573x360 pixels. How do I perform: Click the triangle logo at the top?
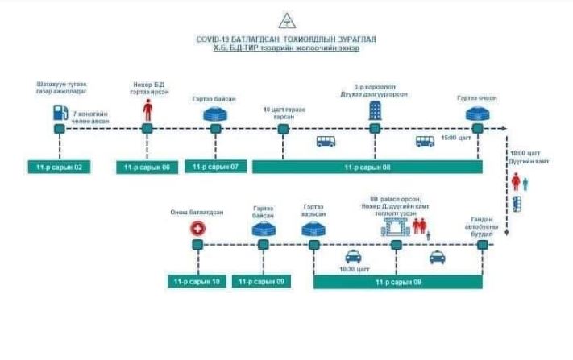[x=287, y=20]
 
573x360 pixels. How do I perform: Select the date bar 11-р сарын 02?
[x=60, y=168]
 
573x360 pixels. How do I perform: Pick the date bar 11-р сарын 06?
[x=147, y=168]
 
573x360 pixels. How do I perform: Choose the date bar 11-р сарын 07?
[x=215, y=167]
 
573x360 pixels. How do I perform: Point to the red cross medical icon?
[x=196, y=230]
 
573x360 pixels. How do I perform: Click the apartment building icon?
[x=375, y=110]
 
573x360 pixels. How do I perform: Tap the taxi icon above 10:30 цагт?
[x=352, y=257]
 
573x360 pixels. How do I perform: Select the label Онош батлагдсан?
[x=196, y=212]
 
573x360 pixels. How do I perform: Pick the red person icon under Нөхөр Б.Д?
[x=147, y=110]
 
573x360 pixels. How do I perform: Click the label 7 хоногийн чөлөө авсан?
[x=90, y=119]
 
